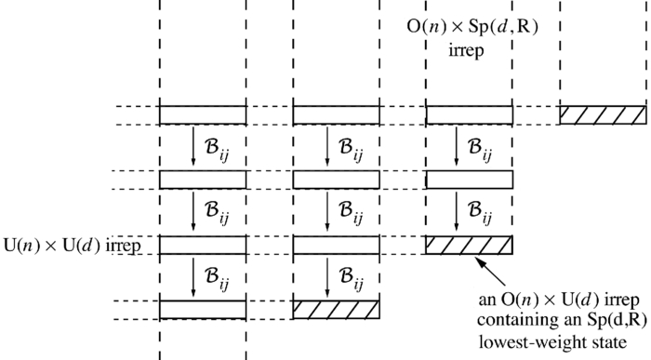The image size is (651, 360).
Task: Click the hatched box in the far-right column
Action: click(x=602, y=114)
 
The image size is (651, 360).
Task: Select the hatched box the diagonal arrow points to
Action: click(x=469, y=246)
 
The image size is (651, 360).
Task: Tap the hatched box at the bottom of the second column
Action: click(x=336, y=308)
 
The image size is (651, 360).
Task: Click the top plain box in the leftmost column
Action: click(x=203, y=114)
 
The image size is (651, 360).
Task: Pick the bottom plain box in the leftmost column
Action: click(x=203, y=308)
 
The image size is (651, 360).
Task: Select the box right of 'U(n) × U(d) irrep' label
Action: click(x=203, y=246)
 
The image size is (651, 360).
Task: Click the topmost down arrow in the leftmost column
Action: click(x=193, y=147)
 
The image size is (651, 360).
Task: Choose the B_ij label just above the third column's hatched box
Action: click(x=485, y=213)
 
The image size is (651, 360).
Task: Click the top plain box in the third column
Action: click(x=469, y=114)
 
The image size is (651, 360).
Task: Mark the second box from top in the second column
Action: click(x=336, y=180)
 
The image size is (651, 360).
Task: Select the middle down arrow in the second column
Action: click(x=326, y=212)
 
